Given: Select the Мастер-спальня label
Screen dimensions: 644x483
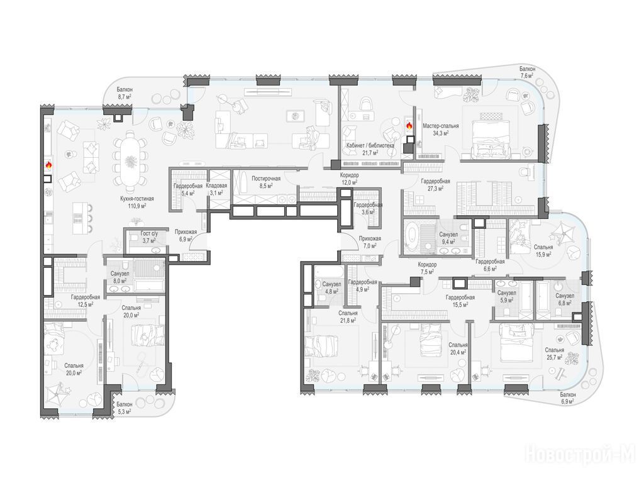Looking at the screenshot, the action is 441,130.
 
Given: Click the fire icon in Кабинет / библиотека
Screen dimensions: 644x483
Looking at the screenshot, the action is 409,126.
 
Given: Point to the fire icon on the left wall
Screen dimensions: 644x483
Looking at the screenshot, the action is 48,165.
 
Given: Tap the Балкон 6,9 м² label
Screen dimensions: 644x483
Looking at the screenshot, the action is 567,397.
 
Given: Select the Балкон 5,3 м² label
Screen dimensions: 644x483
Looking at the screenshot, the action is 124,408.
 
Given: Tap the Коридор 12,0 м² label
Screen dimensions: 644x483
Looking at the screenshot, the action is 350,179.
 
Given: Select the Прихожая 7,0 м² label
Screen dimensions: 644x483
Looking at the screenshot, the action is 370,242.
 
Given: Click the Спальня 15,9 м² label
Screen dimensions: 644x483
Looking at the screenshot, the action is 543,250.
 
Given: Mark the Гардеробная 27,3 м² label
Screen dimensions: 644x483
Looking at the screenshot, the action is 435,185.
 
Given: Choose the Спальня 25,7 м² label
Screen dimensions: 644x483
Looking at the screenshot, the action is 555,353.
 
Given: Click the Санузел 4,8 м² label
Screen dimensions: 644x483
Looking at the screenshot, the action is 331,287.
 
